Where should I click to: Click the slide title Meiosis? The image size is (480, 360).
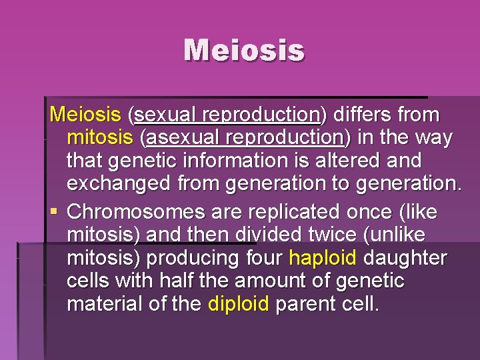tap(244, 51)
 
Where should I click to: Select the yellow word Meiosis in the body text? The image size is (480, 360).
tap(85, 115)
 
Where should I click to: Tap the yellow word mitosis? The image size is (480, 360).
tap(100, 138)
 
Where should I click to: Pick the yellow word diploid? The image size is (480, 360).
tap(238, 304)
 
